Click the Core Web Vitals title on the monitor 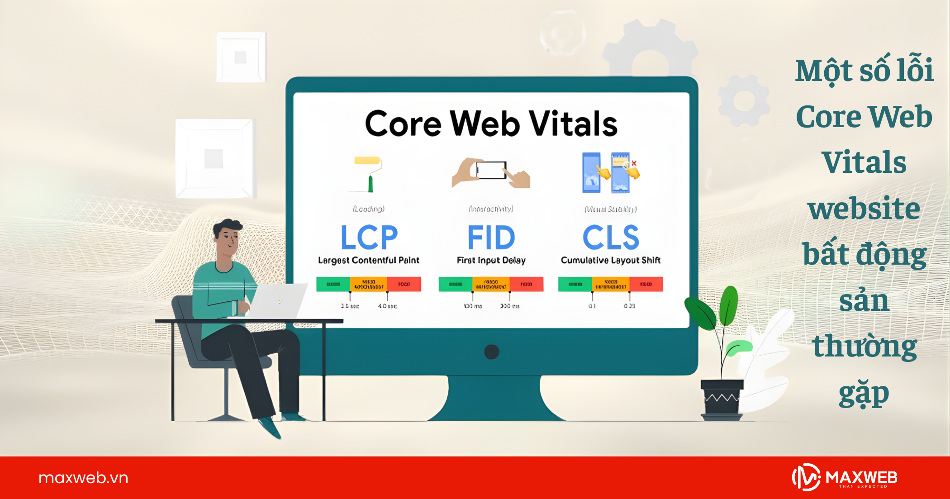click(491, 124)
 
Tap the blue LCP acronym click(369, 237)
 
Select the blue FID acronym click(491, 237)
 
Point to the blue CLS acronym click(611, 237)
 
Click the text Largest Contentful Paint click(369, 260)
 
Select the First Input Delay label click(491, 260)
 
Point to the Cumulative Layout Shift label click(611, 260)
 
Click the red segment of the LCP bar click(404, 284)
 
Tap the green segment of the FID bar click(456, 284)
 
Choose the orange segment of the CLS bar click(611, 284)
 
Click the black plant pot click(722, 398)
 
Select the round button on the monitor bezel click(491, 352)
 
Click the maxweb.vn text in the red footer click(83, 478)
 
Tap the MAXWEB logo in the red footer click(845, 477)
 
